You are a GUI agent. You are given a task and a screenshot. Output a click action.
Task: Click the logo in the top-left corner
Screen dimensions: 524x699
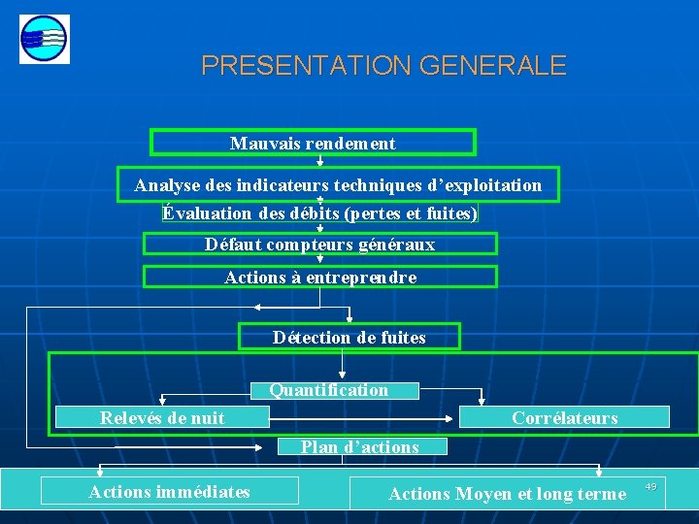point(44,40)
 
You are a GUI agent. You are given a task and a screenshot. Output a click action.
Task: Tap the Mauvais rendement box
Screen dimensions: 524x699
point(313,143)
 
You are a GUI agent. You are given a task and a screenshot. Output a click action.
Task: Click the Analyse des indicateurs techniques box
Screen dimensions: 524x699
point(338,185)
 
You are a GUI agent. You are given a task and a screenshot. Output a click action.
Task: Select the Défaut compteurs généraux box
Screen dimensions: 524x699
point(320,244)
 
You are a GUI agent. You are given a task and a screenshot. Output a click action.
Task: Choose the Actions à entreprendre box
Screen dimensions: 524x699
point(320,277)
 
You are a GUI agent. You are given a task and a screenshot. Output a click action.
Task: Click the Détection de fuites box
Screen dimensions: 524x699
point(349,337)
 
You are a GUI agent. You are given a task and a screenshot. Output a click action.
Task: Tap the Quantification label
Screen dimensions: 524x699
point(329,390)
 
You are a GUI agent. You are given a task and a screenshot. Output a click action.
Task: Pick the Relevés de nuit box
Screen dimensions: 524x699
point(162,417)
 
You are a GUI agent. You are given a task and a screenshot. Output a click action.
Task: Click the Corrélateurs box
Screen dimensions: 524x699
point(564,417)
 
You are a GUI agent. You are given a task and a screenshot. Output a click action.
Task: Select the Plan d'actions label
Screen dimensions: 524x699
point(359,446)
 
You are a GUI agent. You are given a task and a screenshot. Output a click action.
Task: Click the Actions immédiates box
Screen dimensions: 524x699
point(170,492)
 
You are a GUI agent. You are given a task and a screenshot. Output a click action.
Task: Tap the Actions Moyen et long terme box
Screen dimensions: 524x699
point(507,494)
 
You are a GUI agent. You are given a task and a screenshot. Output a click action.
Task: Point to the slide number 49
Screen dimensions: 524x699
point(650,486)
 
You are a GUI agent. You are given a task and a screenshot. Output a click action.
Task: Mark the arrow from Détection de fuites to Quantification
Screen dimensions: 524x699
point(343,364)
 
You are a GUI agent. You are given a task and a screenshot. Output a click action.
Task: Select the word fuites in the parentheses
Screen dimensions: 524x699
point(451,213)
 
